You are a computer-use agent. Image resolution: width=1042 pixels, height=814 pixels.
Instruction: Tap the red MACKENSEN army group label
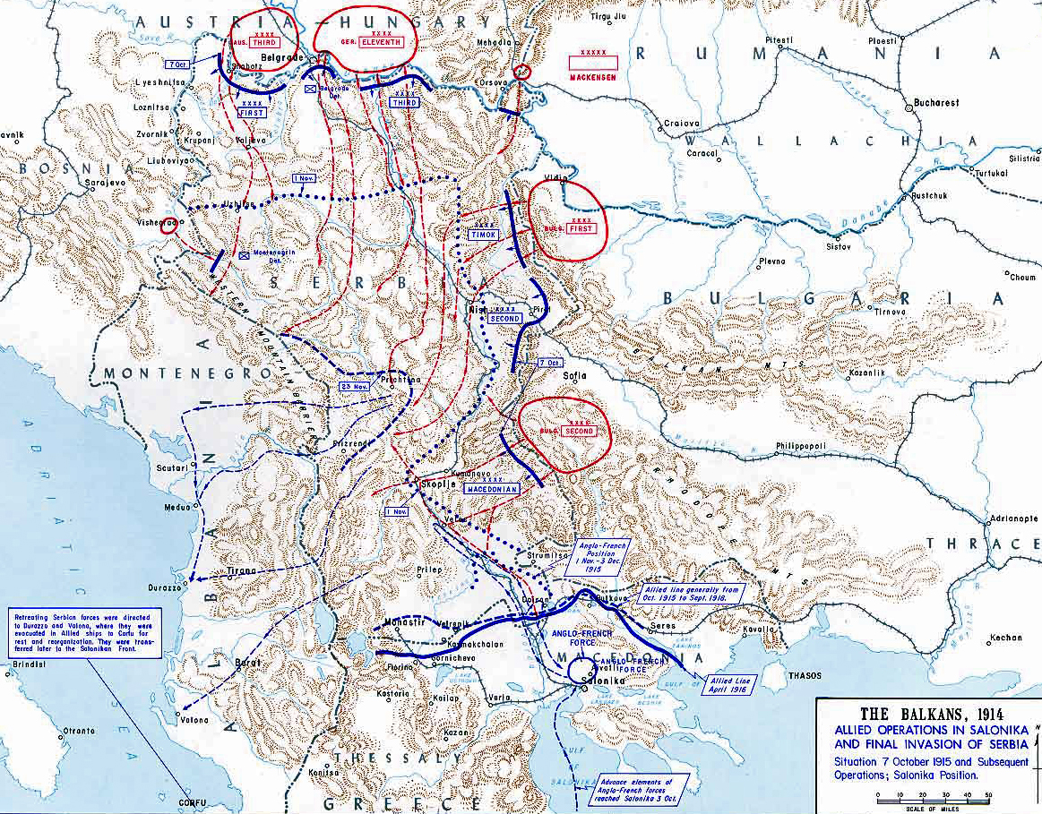coord(594,76)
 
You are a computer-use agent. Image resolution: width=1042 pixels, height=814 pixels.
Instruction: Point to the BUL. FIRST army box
coord(580,228)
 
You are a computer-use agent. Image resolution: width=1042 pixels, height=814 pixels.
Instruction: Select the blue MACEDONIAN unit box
coord(492,489)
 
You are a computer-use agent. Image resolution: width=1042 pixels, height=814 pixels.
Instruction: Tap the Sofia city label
coord(573,377)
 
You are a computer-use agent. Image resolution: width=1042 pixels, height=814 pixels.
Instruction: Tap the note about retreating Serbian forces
coord(85,633)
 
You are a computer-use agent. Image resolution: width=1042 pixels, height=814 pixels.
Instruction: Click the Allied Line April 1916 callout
coord(733,685)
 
